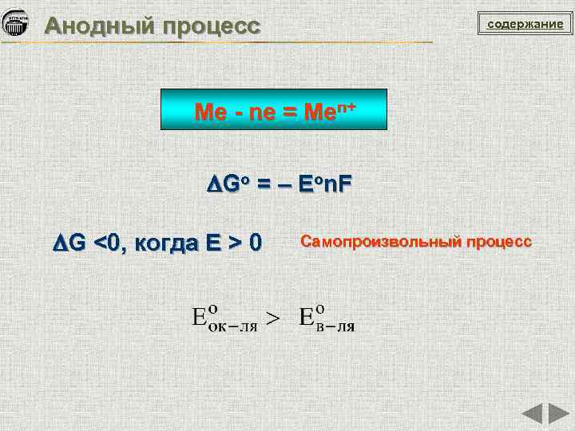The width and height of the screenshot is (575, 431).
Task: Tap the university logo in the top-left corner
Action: click(17, 24)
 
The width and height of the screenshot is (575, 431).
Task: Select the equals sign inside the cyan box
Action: click(288, 112)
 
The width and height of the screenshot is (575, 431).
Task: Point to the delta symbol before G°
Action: click(212, 185)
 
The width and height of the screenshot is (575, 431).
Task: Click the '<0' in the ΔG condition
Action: click(107, 243)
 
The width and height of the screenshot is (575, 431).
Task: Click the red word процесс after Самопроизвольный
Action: click(499, 240)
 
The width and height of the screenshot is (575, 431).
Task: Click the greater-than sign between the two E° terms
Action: click(273, 318)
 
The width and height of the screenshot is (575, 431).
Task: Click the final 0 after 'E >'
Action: click(254, 243)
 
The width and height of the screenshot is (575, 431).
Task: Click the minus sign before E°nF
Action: click(280, 185)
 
